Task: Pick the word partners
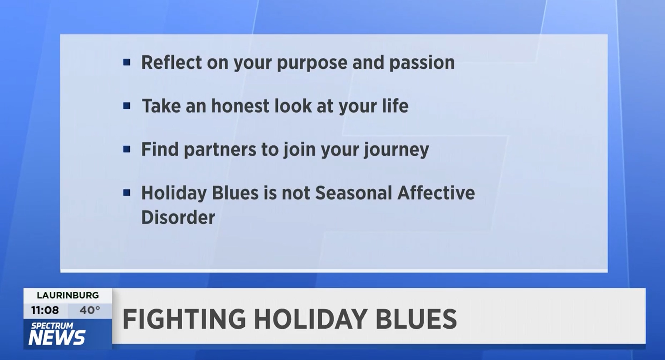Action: (x=220, y=149)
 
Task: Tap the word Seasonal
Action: (x=353, y=193)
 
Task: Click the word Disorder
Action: (x=178, y=217)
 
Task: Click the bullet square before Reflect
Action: (x=126, y=63)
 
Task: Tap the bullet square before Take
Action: (x=126, y=106)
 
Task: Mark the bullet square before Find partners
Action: (x=126, y=149)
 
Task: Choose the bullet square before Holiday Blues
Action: (x=126, y=193)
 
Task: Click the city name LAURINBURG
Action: (x=68, y=295)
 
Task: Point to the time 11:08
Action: (x=45, y=310)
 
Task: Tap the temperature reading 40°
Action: (x=89, y=310)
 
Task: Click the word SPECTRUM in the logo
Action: (x=52, y=326)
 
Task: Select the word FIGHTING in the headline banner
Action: (x=184, y=319)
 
